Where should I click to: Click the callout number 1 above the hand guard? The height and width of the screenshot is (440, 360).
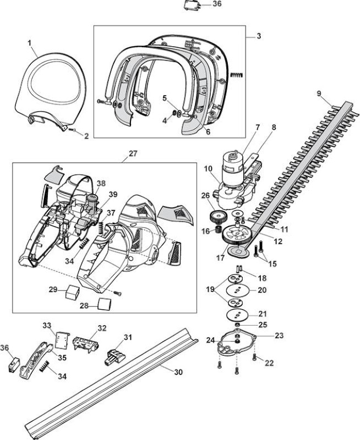point(30,43)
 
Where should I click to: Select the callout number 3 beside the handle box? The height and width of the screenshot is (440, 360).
point(259,36)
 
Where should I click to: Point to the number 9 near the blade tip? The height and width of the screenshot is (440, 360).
point(319,94)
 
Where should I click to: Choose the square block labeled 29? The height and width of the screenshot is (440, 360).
point(73,293)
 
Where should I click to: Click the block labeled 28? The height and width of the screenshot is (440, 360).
point(105,304)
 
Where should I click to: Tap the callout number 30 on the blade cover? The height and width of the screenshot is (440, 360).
point(178,372)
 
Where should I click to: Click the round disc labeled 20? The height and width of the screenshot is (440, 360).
point(238,290)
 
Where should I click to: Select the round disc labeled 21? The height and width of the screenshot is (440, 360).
point(238,314)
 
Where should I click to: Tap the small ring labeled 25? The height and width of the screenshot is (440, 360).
point(238,325)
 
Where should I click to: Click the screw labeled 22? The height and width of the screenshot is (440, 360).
point(254,356)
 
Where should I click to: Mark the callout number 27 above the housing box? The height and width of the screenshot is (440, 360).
point(133,154)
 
